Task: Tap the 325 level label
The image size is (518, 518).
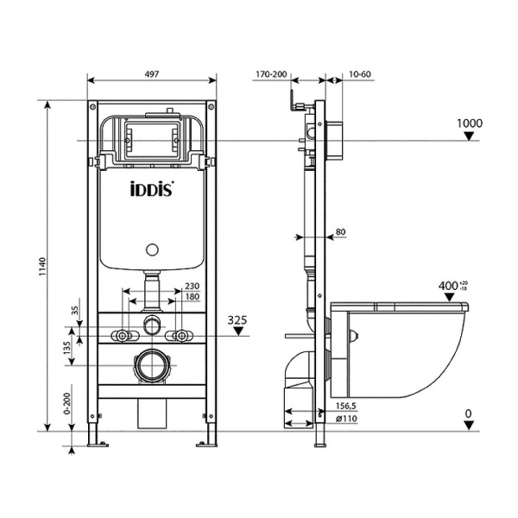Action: [x=238, y=320]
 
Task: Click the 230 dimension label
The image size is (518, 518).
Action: [x=193, y=287]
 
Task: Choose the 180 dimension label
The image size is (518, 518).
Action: [x=193, y=298]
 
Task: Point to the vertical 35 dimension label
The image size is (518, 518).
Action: [x=75, y=310]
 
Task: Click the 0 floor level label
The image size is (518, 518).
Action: [x=468, y=414]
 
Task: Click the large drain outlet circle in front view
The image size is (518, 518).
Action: [x=153, y=365]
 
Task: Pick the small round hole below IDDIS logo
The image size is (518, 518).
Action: [x=153, y=251]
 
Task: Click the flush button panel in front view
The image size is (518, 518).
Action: [x=153, y=137]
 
